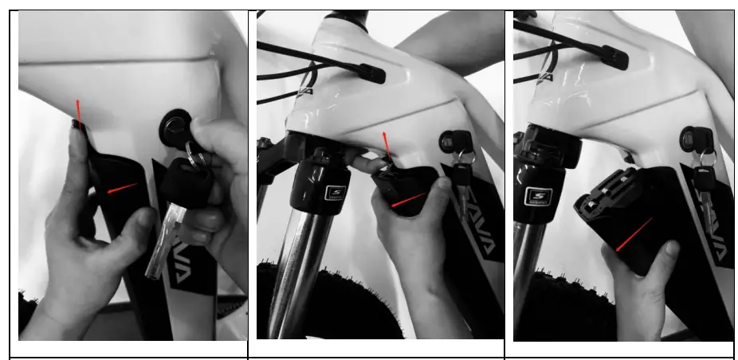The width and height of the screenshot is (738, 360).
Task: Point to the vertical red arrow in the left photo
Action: (x=78, y=112)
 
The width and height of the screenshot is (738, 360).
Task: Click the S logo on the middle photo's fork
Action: (x=336, y=194)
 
